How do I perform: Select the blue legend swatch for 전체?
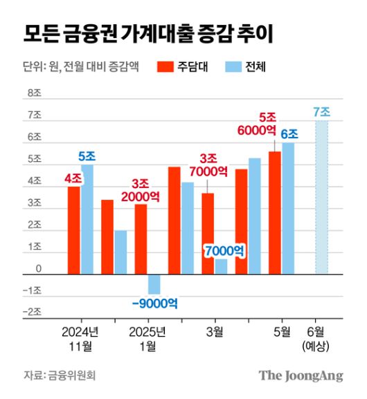235,67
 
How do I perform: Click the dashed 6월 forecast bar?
322,197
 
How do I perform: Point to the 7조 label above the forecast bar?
322,112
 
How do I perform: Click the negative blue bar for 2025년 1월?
154,284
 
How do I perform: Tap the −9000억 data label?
156,302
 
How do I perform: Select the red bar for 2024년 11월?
73,230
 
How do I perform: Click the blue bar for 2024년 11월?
87,219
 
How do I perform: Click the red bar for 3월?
208,234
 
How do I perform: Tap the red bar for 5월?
275,213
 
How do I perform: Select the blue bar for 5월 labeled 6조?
288,208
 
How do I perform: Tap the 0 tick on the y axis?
39,268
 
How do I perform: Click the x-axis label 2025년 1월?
147,339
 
